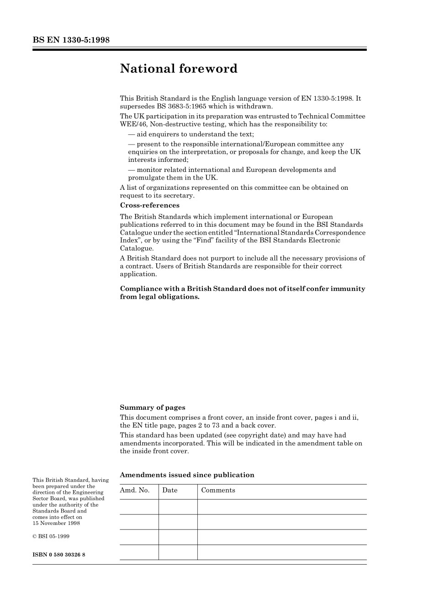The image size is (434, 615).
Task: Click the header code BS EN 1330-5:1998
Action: (71, 40)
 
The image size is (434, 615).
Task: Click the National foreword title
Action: (179, 69)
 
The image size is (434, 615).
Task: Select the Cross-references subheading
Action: (149, 205)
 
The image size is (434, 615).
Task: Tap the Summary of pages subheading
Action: (153, 407)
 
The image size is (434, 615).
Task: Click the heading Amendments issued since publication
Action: (187, 475)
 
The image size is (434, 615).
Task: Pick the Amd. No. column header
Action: (135, 490)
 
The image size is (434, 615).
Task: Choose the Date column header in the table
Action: (169, 490)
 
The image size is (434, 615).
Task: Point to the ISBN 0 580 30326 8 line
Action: (59, 555)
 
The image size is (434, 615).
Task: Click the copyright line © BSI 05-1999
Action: (51, 536)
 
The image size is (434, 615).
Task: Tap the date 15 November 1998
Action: (56, 524)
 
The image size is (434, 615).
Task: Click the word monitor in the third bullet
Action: (149, 170)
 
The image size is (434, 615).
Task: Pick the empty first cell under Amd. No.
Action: (139, 507)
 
